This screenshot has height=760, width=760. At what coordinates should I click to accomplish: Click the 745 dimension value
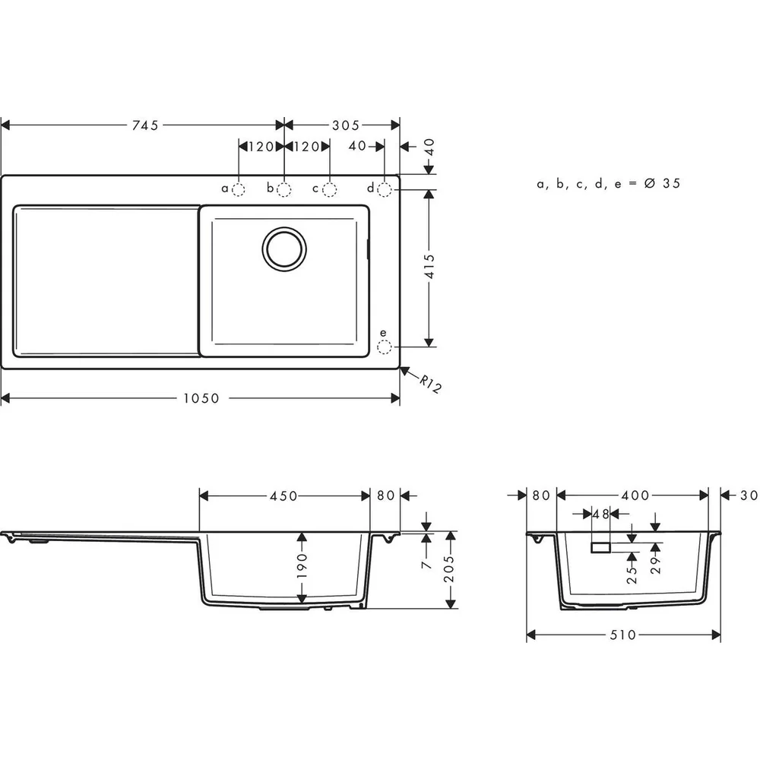[145, 125]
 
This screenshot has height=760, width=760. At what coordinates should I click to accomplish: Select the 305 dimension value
[346, 125]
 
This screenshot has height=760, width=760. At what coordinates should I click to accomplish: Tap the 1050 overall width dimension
[201, 398]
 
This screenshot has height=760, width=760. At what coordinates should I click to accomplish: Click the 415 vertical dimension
[429, 266]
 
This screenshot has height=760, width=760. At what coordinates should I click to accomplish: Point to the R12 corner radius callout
[430, 384]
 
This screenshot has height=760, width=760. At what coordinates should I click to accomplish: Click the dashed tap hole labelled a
[239, 189]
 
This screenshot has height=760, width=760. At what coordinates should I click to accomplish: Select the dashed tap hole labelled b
[284, 189]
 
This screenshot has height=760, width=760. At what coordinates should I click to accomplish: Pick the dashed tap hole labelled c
[330, 189]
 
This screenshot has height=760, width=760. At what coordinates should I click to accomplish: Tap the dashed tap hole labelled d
[385, 189]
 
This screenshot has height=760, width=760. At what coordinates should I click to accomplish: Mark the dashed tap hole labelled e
[385, 347]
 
